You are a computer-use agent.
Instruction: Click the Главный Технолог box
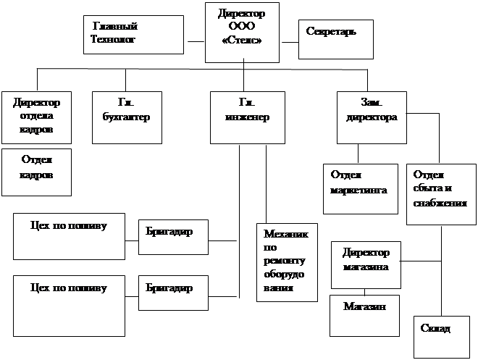click(133, 35)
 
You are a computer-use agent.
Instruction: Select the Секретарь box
click(336, 38)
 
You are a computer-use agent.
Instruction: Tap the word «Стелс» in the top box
click(242, 39)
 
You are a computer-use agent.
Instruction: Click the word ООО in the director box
click(242, 26)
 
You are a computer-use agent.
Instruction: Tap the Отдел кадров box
click(36, 172)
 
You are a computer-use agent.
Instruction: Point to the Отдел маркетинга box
click(360, 188)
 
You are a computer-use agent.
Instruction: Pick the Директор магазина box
click(365, 259)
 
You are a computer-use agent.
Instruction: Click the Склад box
click(440, 335)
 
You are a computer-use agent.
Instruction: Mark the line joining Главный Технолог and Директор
click(195, 41)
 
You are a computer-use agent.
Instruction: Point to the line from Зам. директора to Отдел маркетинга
click(359, 153)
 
